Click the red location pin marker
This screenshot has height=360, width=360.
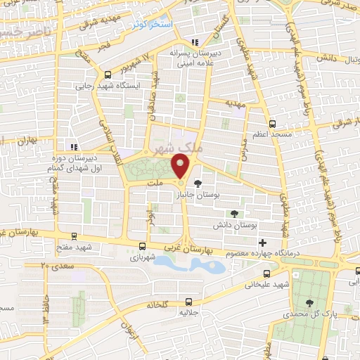[x=181, y=167]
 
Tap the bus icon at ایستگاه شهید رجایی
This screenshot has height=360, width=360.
[x=107, y=75]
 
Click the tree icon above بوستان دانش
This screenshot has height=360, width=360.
[x=235, y=213]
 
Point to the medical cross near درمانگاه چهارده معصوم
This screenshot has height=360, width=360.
[x=262, y=243]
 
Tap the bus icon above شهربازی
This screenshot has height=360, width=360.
[x=143, y=246]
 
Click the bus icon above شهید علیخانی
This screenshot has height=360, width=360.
[x=265, y=274]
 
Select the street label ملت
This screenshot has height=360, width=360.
[x=155, y=182]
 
